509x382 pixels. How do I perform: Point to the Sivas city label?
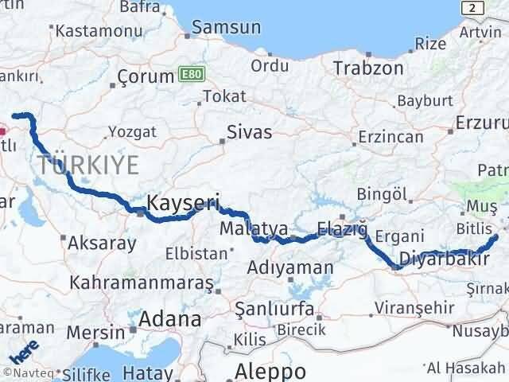pos(249,132)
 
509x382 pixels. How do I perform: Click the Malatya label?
pos(254,229)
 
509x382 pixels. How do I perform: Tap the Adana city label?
pos(169,320)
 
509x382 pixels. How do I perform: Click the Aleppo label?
pos(270,372)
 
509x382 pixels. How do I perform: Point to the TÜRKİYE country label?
pos(87,166)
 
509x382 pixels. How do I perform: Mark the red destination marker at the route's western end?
pos(2,126)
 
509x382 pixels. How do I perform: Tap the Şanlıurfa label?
pos(271,306)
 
